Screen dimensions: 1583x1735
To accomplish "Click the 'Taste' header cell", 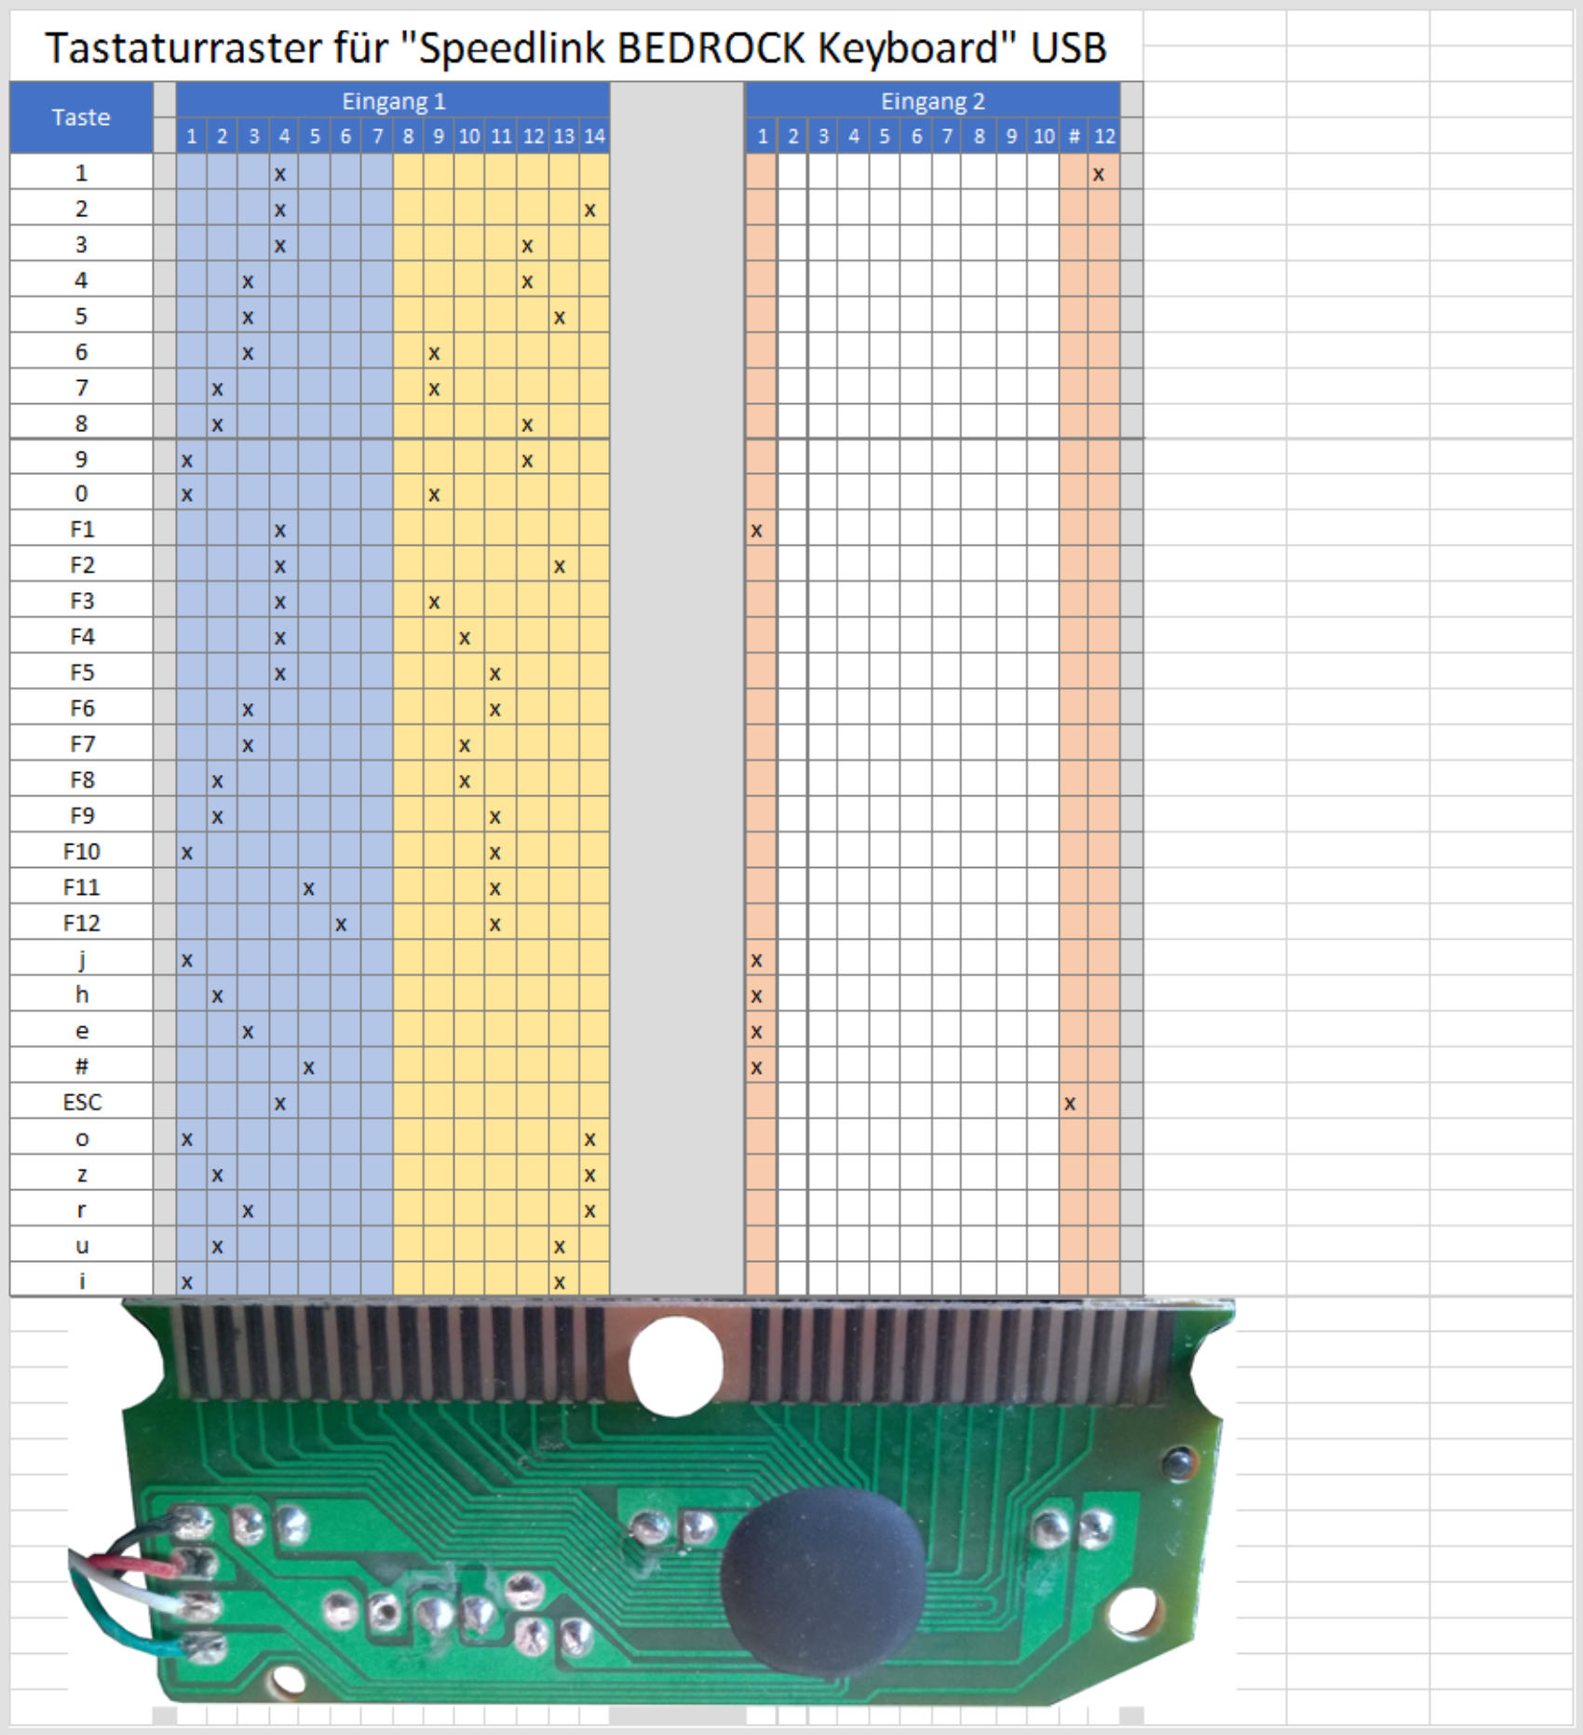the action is click(x=81, y=117).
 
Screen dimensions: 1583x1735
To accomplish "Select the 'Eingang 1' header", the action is click(x=393, y=101).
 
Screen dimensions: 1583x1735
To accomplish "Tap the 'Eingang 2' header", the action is click(x=932, y=101).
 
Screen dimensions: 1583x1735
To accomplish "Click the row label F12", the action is click(x=82, y=923).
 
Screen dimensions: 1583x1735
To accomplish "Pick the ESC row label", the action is click(x=82, y=1102).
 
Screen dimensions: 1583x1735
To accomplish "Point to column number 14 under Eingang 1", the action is click(x=594, y=136).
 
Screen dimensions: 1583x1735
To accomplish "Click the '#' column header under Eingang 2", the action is click(x=1074, y=136).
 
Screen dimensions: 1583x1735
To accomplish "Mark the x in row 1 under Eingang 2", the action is click(x=1099, y=174).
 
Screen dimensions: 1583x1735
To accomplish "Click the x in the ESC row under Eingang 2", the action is click(x=1070, y=1104).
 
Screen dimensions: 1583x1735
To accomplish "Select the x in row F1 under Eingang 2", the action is click(x=757, y=531).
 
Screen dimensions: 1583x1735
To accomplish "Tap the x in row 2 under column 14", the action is click(x=590, y=210).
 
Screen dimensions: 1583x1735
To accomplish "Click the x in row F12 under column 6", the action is click(x=342, y=925).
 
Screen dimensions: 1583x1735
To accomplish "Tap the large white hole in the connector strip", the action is click(x=675, y=1364).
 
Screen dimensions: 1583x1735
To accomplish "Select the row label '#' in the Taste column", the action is click(x=82, y=1066).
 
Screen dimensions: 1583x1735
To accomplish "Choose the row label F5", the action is click(x=82, y=672).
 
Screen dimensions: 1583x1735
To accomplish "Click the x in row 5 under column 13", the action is click(x=560, y=318).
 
